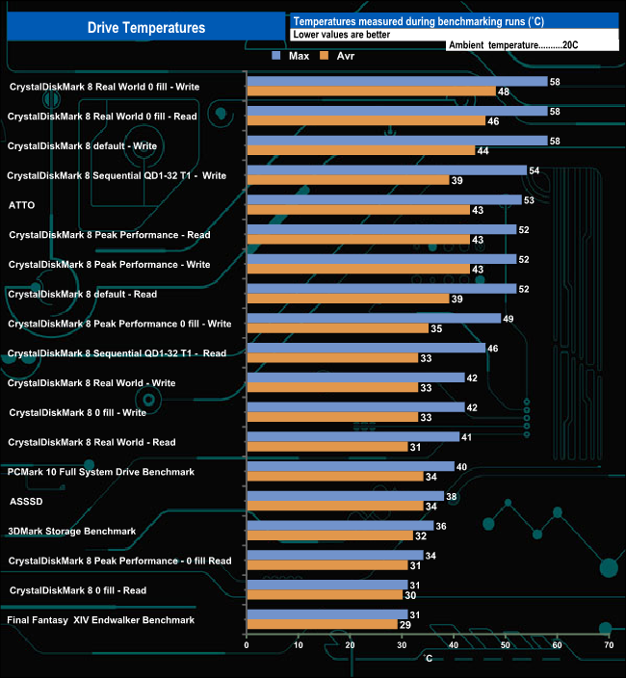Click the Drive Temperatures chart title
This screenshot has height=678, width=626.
click(146, 28)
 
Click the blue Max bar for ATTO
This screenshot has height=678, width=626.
click(383, 200)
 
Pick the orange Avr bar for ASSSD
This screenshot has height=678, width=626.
click(334, 507)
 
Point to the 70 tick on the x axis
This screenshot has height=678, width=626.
click(609, 645)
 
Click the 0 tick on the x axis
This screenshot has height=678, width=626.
click(248, 645)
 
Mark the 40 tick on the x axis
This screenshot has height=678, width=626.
click(454, 645)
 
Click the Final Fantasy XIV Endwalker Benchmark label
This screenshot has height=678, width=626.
click(101, 619)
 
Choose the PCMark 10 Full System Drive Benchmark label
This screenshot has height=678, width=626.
click(101, 472)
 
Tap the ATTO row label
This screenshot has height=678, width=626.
click(22, 205)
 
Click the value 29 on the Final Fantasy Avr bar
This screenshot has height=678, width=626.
click(405, 625)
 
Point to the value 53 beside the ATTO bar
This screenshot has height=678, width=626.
click(529, 200)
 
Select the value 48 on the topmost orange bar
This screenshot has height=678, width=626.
click(503, 91)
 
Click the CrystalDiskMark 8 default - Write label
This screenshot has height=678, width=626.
click(82, 146)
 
